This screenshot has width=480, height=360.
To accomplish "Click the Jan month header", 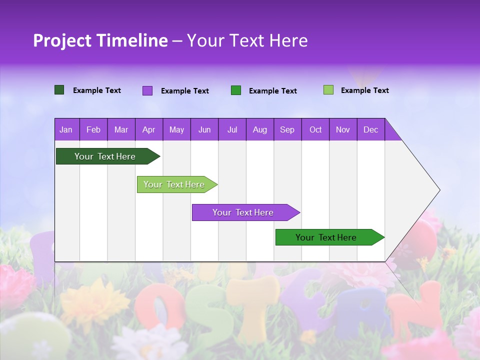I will click(x=66, y=129).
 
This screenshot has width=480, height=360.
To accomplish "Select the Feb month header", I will click(x=93, y=129).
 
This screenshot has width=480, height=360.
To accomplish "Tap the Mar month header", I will click(x=121, y=129).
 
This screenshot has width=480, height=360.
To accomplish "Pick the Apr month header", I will click(x=148, y=129).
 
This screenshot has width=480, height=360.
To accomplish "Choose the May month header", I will click(x=176, y=129).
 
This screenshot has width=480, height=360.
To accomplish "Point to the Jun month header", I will click(x=204, y=129).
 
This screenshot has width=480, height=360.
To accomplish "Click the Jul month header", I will click(x=232, y=129).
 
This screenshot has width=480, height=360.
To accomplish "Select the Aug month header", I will click(x=259, y=129).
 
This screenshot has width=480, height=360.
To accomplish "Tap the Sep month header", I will click(x=287, y=129).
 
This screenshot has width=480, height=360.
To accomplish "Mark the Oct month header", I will click(x=315, y=129).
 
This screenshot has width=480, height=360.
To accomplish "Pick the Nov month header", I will click(x=343, y=129).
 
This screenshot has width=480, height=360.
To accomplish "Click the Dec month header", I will click(x=370, y=129).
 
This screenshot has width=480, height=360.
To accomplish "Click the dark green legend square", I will click(x=59, y=90).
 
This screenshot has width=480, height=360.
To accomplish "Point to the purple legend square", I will click(x=147, y=90).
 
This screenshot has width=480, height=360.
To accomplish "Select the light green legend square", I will click(x=328, y=90).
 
